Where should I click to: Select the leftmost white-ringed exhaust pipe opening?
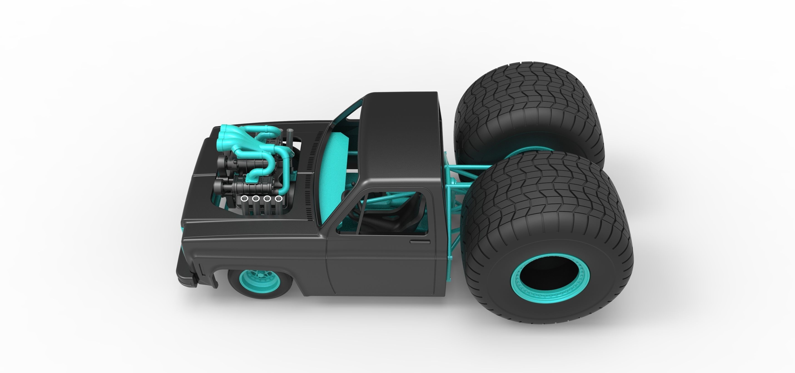coord(244,198)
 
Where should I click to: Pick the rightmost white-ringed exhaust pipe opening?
coord(278,198)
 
